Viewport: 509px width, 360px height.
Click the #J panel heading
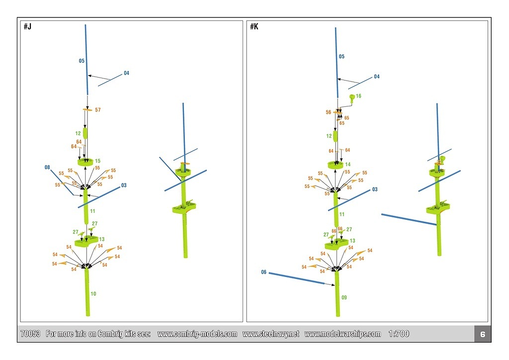(27, 26)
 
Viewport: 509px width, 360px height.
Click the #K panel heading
(254, 26)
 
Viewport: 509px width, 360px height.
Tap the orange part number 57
(97, 109)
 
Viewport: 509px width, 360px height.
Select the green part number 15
(97, 161)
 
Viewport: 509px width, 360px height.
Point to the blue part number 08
(48, 168)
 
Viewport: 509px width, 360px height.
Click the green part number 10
(93, 294)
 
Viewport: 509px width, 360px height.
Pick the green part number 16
(358, 96)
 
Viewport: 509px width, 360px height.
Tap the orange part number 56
(328, 112)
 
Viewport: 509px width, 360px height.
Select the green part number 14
(348, 164)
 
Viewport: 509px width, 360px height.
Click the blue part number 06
(264, 272)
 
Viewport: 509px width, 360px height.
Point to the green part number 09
(344, 297)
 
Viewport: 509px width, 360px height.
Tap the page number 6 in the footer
(482, 335)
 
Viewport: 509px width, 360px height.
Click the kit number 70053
(30, 334)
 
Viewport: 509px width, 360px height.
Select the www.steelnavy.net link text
(270, 334)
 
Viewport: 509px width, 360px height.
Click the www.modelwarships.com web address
(342, 334)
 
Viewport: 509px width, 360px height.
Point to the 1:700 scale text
(399, 334)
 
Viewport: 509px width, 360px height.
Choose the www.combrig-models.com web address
(197, 334)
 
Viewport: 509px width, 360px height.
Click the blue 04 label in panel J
(126, 73)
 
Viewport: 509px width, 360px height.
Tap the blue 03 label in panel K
(374, 189)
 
